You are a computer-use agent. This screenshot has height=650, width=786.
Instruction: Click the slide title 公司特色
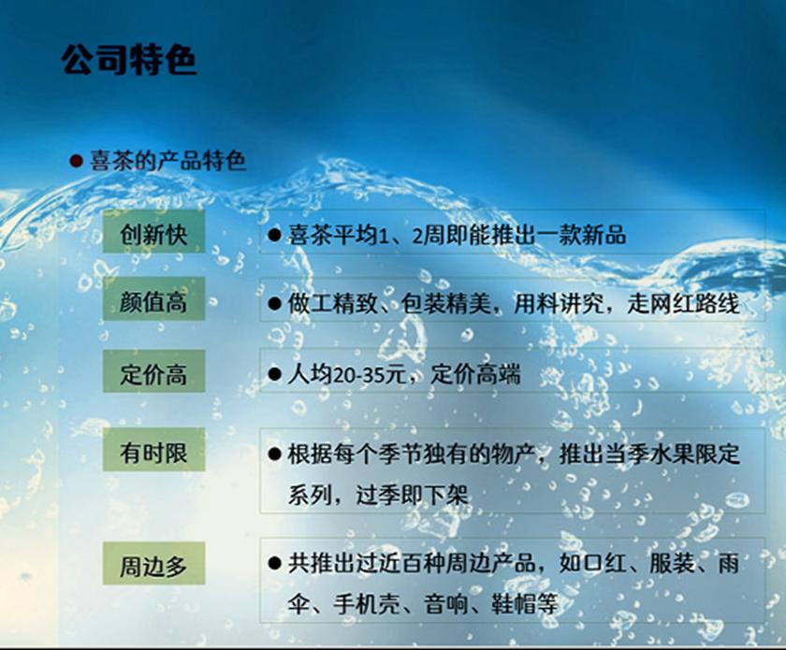pyautogui.click(x=128, y=60)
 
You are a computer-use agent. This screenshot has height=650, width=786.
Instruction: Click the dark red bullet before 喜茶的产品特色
pyautogui.click(x=77, y=161)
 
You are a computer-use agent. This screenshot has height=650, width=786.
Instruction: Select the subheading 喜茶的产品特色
pyautogui.click(x=167, y=161)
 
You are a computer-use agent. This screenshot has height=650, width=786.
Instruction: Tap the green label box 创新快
pyautogui.click(x=153, y=234)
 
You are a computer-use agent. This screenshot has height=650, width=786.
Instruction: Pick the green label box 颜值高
pyautogui.click(x=153, y=303)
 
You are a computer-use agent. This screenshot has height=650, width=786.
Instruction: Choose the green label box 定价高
pyautogui.click(x=153, y=375)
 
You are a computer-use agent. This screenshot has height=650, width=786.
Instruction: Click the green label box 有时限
pyautogui.click(x=153, y=454)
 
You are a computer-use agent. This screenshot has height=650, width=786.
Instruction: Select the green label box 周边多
pyautogui.click(x=153, y=565)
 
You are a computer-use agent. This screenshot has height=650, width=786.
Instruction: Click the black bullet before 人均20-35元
pyautogui.click(x=274, y=376)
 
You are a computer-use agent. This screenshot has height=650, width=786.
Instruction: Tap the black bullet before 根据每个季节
pyautogui.click(x=274, y=455)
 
